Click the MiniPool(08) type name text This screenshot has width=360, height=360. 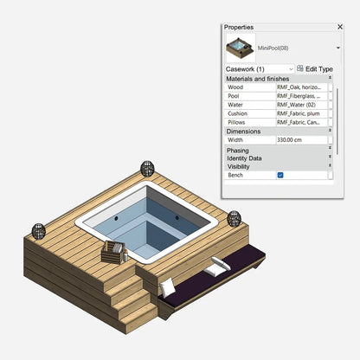(273, 48)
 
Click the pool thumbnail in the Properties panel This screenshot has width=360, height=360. (238, 48)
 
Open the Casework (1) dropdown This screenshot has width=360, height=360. (259, 68)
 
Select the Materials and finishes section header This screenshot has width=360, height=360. (258, 79)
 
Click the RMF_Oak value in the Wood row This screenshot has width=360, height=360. (299, 87)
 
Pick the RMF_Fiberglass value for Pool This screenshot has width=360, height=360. (299, 96)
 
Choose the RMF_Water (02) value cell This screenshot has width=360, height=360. (299, 105)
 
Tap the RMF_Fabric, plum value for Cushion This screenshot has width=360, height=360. (299, 113)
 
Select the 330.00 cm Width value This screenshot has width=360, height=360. (299, 139)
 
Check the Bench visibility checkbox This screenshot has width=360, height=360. (280, 175)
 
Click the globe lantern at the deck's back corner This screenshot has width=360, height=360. (146, 165)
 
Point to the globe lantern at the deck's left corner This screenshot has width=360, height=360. (39, 230)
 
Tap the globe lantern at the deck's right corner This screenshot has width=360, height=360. (235, 217)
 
